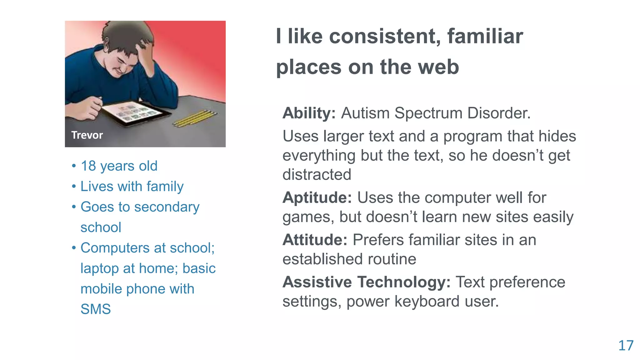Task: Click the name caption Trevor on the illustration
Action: [87, 135]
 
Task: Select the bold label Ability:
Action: [309, 113]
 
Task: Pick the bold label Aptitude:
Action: [317, 198]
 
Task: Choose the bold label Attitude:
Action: [315, 240]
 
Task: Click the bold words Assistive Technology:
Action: [366, 282]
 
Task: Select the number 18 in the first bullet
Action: [88, 166]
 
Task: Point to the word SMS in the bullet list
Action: [96, 309]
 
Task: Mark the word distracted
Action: [317, 174]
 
